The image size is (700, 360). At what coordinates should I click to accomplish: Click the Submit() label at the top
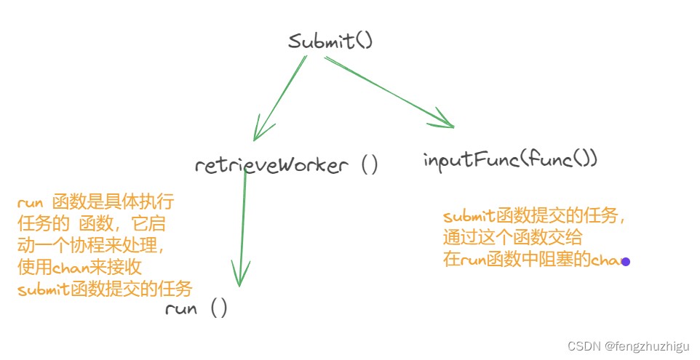330,41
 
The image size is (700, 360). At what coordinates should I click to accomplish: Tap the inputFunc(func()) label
510,159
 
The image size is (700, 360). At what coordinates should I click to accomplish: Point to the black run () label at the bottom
196,308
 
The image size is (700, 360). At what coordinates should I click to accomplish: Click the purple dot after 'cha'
626,261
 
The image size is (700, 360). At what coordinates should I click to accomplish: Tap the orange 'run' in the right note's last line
473,260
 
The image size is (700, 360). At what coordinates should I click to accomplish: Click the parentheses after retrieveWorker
370,165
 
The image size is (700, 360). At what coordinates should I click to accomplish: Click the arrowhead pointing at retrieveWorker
258,131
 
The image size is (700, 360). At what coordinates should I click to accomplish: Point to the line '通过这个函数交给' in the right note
512,238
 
